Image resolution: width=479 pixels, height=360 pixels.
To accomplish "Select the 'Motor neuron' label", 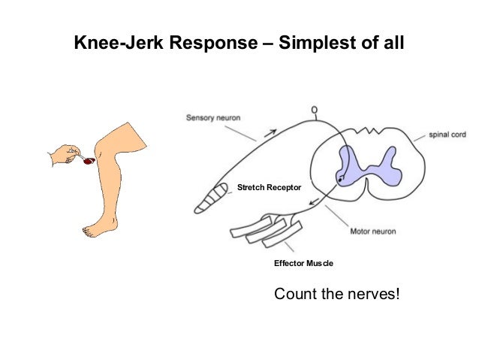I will click(373, 231).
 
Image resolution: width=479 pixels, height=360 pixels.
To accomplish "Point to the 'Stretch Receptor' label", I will click(269, 186).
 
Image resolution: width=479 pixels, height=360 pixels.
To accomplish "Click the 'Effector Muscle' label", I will click(303, 264).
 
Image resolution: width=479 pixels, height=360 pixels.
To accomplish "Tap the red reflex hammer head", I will click(89, 161).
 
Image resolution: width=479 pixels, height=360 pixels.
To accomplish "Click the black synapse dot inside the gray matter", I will click(341, 179).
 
